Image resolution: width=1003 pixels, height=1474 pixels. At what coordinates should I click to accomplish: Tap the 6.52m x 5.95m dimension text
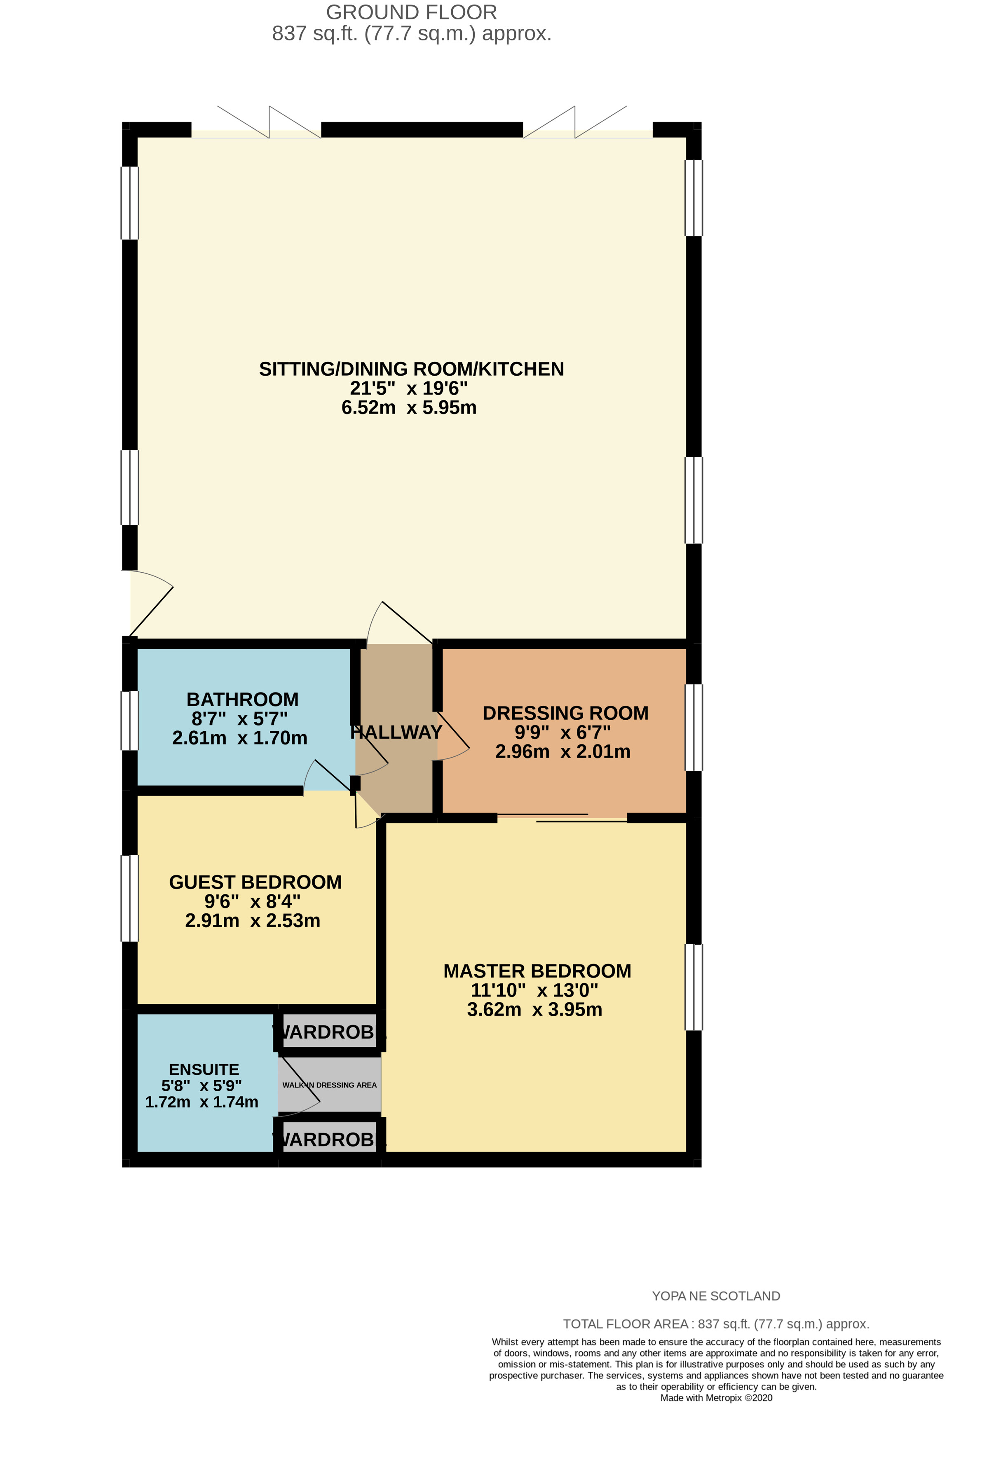pyautogui.click(x=408, y=407)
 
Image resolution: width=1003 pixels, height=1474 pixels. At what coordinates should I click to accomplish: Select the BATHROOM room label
pyautogui.click(x=242, y=699)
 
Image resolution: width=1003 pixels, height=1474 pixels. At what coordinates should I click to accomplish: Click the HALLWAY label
pyautogui.click(x=396, y=732)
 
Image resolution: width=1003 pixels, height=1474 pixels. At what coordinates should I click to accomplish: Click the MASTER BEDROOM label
pyautogui.click(x=537, y=971)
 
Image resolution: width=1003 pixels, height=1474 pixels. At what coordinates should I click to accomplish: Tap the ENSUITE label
pyautogui.click(x=204, y=1069)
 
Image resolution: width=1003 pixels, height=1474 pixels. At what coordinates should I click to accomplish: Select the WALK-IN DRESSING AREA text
pyautogui.click(x=329, y=1085)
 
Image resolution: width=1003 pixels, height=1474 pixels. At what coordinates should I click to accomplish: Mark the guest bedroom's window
pyautogui.click(x=129, y=898)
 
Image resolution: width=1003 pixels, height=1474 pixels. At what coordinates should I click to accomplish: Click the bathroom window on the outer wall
pyautogui.click(x=129, y=721)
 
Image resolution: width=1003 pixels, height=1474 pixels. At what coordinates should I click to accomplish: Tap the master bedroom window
pyautogui.click(x=694, y=987)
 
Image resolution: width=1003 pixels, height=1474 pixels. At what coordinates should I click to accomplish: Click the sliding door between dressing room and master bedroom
pyautogui.click(x=562, y=818)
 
